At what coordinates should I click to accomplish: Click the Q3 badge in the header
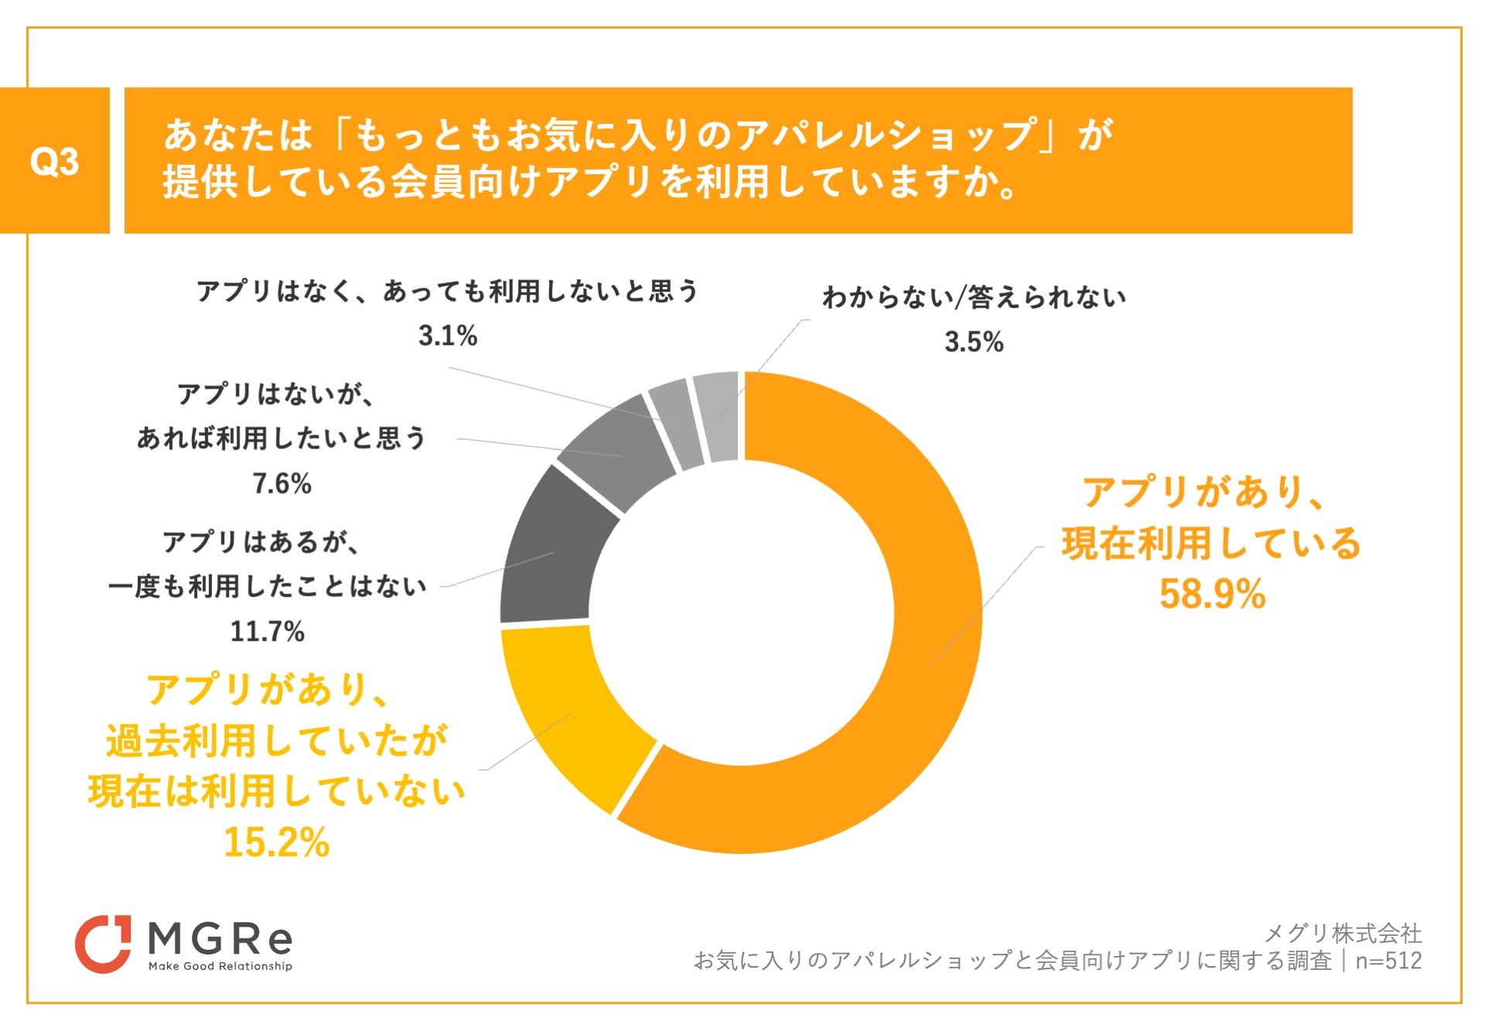point(54,161)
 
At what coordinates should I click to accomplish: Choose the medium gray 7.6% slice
point(619,453)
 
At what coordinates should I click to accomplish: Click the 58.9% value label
point(1212,594)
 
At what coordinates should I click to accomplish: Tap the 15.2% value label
point(276,842)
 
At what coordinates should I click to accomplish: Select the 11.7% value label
point(268,631)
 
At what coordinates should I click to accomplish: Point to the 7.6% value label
point(282,483)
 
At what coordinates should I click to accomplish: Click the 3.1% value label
point(448,336)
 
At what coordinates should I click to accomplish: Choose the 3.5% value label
point(974,341)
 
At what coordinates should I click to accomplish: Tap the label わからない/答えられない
point(974,297)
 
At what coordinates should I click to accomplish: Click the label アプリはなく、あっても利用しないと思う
point(447,291)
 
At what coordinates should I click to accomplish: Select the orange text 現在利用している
point(1211,543)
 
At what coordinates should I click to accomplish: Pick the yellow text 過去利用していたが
point(276,740)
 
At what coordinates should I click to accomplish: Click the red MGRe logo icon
point(103,944)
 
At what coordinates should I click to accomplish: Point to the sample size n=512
point(1388,961)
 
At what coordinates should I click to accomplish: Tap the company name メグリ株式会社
point(1343,933)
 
